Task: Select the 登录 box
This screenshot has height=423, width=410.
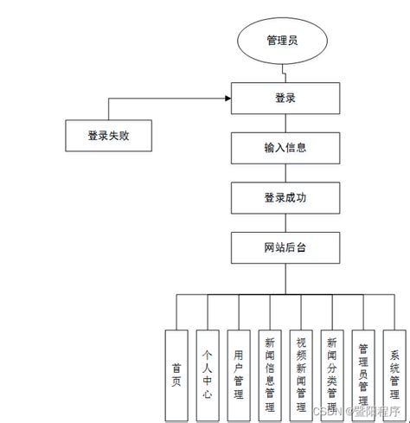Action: [x=285, y=99]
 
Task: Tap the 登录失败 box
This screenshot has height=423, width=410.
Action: [x=109, y=135]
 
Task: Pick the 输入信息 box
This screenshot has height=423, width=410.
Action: [x=285, y=148]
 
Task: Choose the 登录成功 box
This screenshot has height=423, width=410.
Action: [x=285, y=198]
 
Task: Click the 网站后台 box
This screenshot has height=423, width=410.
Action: [x=285, y=248]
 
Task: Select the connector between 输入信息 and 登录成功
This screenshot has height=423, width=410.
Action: [x=285, y=173]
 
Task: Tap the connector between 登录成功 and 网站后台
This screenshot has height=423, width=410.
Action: [x=285, y=223]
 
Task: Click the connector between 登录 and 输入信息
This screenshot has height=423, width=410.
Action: [x=285, y=123]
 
